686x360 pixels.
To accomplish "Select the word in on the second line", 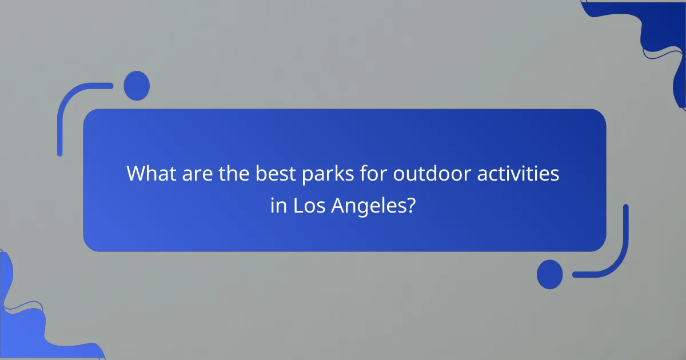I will click(x=278, y=206).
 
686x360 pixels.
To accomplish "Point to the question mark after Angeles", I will click(x=410, y=206).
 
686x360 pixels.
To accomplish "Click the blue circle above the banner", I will click(x=137, y=86).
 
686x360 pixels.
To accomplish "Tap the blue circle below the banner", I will click(x=549, y=274).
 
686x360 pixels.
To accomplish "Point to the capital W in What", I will click(x=135, y=173).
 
